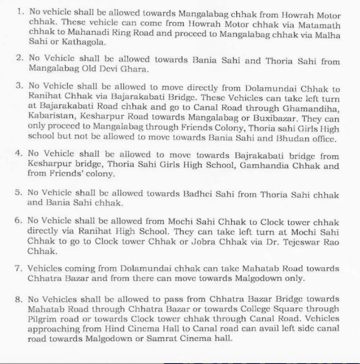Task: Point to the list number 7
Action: (18, 269)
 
